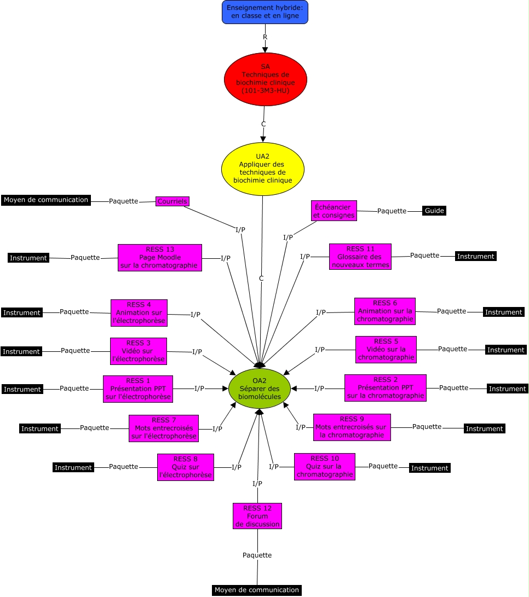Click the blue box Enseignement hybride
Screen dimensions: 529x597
point(265,12)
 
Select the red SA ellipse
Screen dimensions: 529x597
point(265,79)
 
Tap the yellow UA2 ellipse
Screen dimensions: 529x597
point(263,169)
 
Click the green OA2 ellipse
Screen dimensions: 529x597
point(260,389)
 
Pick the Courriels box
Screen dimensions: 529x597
point(173,201)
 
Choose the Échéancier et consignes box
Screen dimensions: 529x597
point(334,211)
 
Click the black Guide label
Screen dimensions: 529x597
point(434,211)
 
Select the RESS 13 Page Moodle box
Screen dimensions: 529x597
point(160,258)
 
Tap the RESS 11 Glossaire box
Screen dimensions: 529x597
point(360,257)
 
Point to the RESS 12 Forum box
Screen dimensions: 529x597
point(257,516)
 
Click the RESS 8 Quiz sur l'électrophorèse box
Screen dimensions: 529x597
point(186,467)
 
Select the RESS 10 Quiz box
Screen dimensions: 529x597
point(325,466)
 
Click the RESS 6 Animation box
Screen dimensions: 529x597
point(385,311)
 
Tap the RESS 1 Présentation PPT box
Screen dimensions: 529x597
point(138,389)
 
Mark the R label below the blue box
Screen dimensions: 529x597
point(265,37)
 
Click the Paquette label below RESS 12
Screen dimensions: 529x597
point(257,555)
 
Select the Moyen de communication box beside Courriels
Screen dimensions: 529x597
point(46,200)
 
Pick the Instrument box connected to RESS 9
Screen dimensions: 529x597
point(485,428)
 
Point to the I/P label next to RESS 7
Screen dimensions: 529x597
point(217,428)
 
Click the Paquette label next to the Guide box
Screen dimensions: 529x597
point(392,211)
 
